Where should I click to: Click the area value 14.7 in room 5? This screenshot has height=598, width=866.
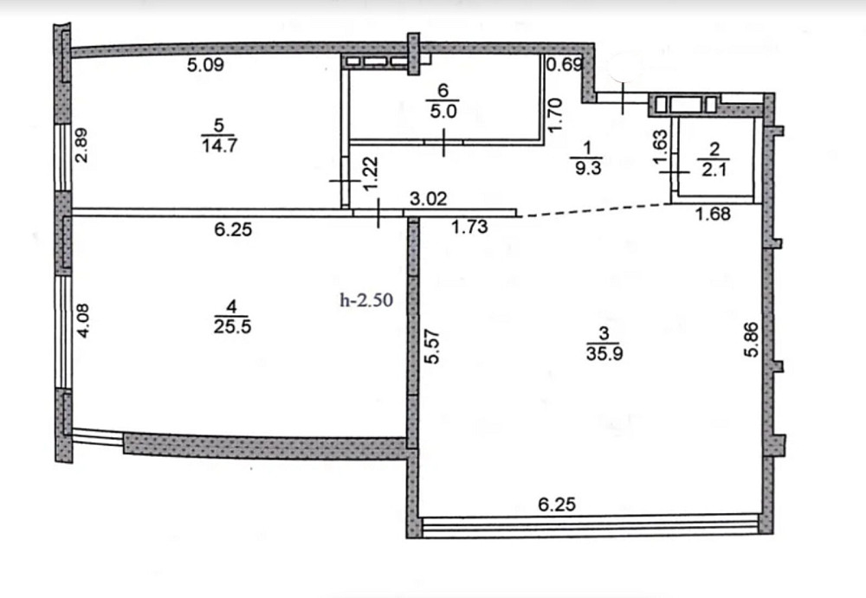pos(218,145)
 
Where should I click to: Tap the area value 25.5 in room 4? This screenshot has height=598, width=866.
pos(229,325)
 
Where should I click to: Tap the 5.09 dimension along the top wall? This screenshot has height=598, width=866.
pos(206,64)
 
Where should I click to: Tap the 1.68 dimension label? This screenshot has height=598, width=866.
pos(714,215)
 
